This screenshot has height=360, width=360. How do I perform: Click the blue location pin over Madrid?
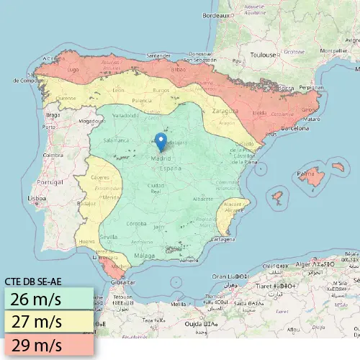(x=161, y=140)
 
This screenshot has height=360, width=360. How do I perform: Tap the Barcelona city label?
(x=294, y=127)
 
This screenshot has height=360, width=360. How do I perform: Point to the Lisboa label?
(x=37, y=197)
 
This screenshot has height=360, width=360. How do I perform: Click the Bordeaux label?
(x=217, y=15)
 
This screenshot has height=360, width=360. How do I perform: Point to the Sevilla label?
(x=109, y=236)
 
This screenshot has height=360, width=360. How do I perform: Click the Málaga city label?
(x=145, y=256)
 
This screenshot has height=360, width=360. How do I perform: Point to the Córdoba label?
(x=137, y=224)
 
